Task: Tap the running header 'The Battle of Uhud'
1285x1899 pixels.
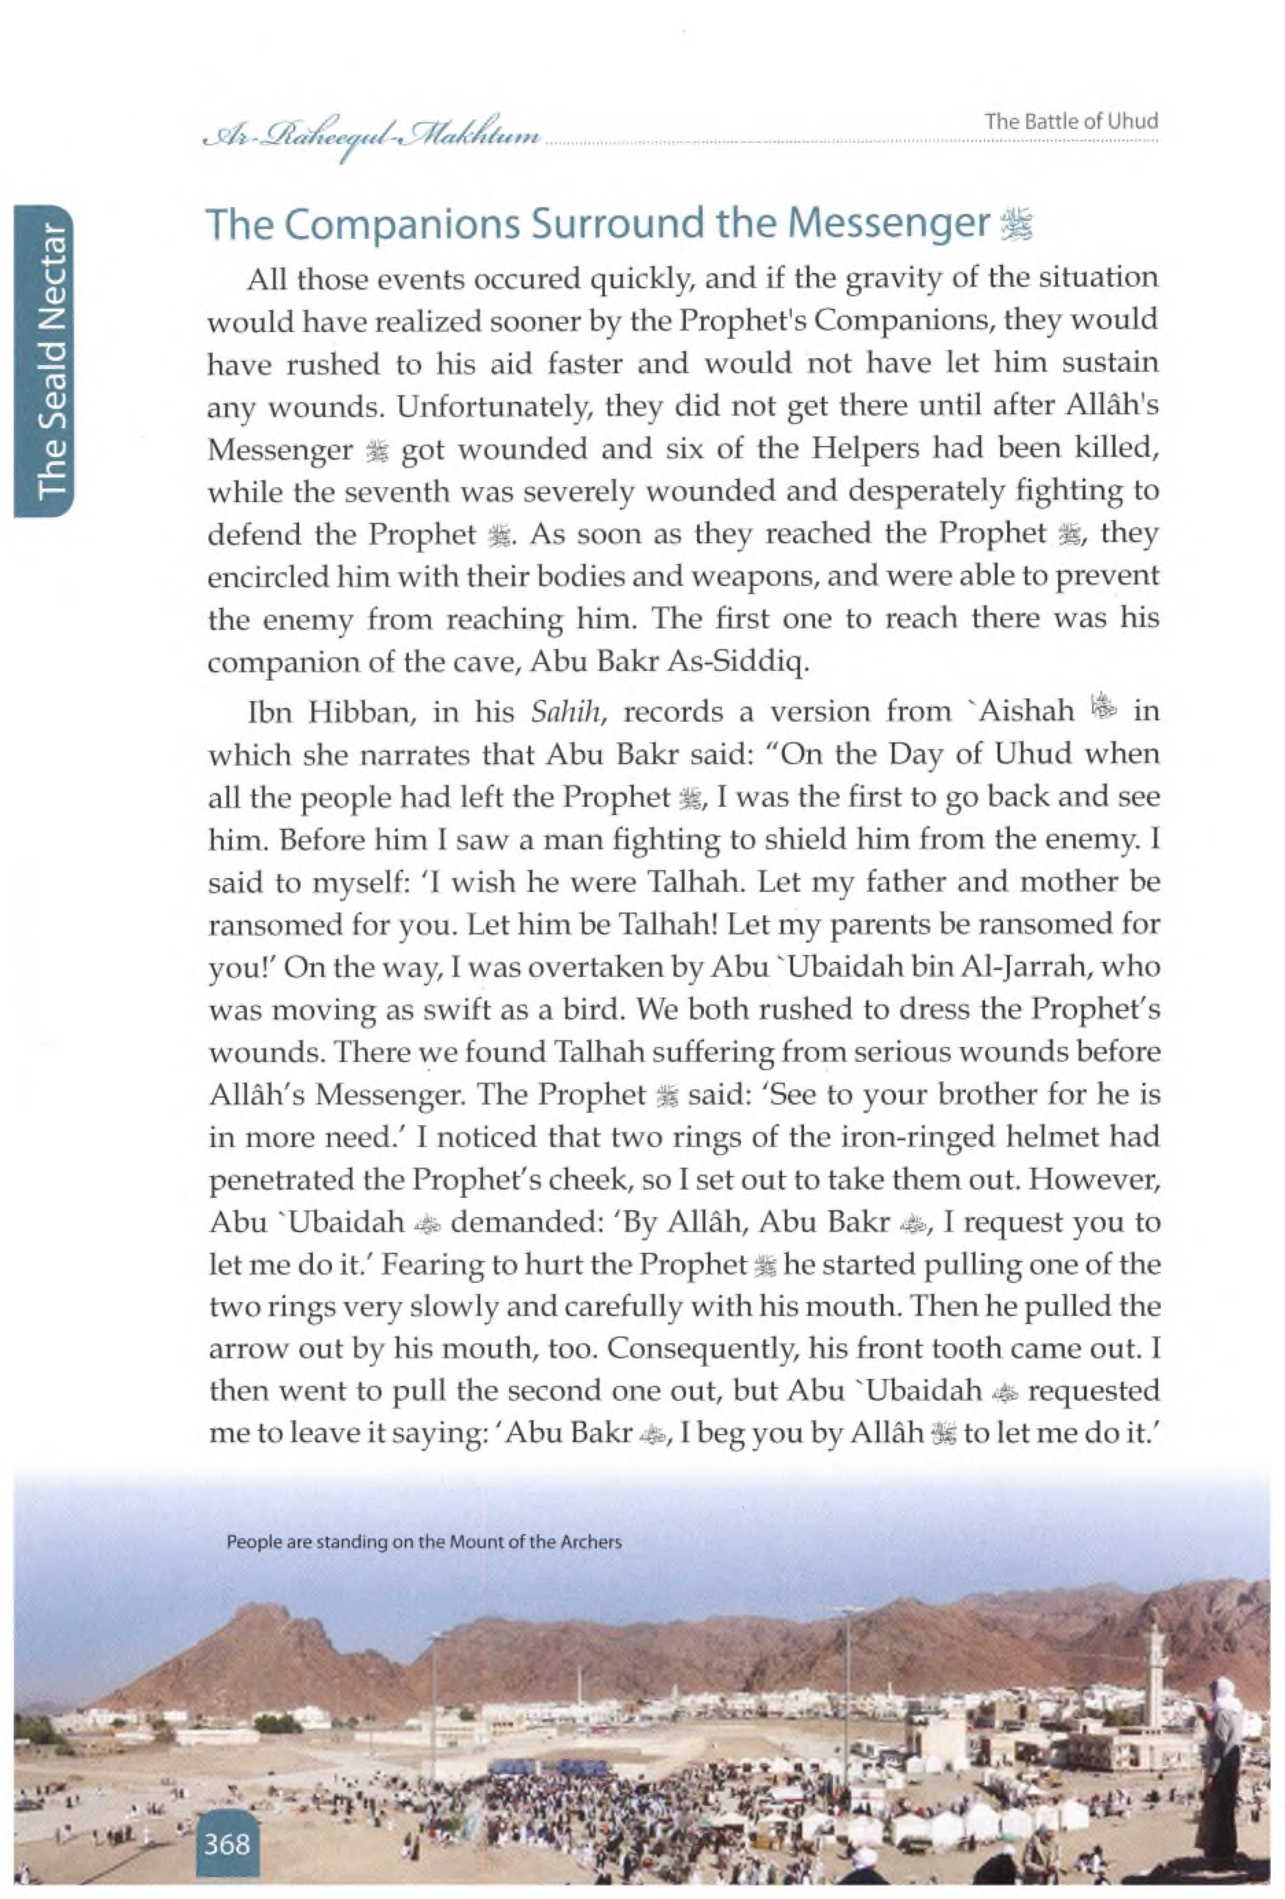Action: pos(1071,123)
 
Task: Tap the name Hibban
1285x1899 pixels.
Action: pos(363,711)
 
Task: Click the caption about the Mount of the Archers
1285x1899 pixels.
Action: pos(424,1542)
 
